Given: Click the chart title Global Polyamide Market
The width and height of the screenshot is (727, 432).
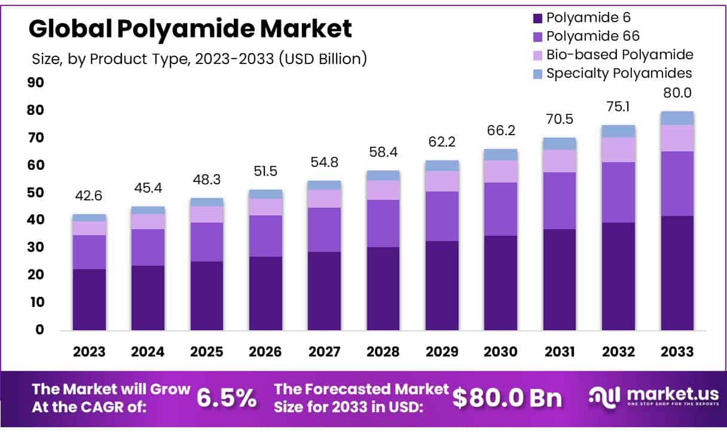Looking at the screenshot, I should pos(190,28).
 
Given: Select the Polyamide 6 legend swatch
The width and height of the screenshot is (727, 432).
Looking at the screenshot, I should pos(536,18).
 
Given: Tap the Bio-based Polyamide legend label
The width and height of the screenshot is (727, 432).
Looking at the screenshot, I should pos(619,54).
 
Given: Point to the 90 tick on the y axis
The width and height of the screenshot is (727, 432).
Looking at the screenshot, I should pos(35,83).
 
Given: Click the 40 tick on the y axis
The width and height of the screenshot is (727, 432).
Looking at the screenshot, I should pos(35,220).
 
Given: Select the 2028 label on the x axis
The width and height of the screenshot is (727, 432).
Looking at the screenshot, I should pos(383,351).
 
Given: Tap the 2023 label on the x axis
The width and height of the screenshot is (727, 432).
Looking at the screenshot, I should pos(89,351).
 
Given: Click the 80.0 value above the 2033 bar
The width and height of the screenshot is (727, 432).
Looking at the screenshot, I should pos(677,93).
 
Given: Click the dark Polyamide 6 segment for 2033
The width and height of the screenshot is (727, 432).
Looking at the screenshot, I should pos(677,272).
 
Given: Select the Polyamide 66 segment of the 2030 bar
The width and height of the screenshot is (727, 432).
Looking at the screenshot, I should pos(501,209).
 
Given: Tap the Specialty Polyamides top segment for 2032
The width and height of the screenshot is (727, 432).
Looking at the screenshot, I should pos(618,131).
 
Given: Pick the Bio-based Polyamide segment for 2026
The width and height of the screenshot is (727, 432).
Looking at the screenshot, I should pos(265,206).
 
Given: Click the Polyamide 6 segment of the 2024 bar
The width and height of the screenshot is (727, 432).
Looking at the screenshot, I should pos(148,297).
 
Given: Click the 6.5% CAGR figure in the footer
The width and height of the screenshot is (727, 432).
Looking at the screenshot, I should pos(227,398).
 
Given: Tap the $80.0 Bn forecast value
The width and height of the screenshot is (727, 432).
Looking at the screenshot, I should pos(507,398).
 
